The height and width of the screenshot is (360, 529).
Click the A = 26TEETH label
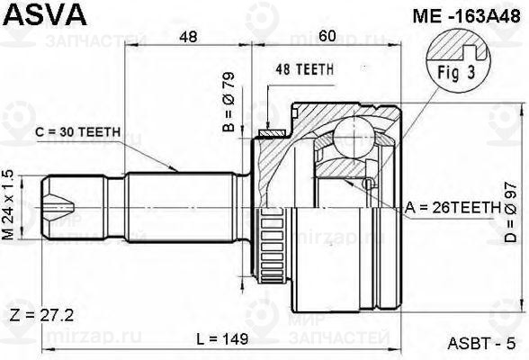pyautogui.click(x=452, y=207)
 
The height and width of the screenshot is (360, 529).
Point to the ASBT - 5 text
pyautogui.click(x=480, y=343)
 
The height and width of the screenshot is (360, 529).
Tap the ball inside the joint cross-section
pyautogui.click(x=349, y=139)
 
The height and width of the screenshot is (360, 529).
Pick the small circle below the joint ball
pyautogui.click(x=367, y=184)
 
